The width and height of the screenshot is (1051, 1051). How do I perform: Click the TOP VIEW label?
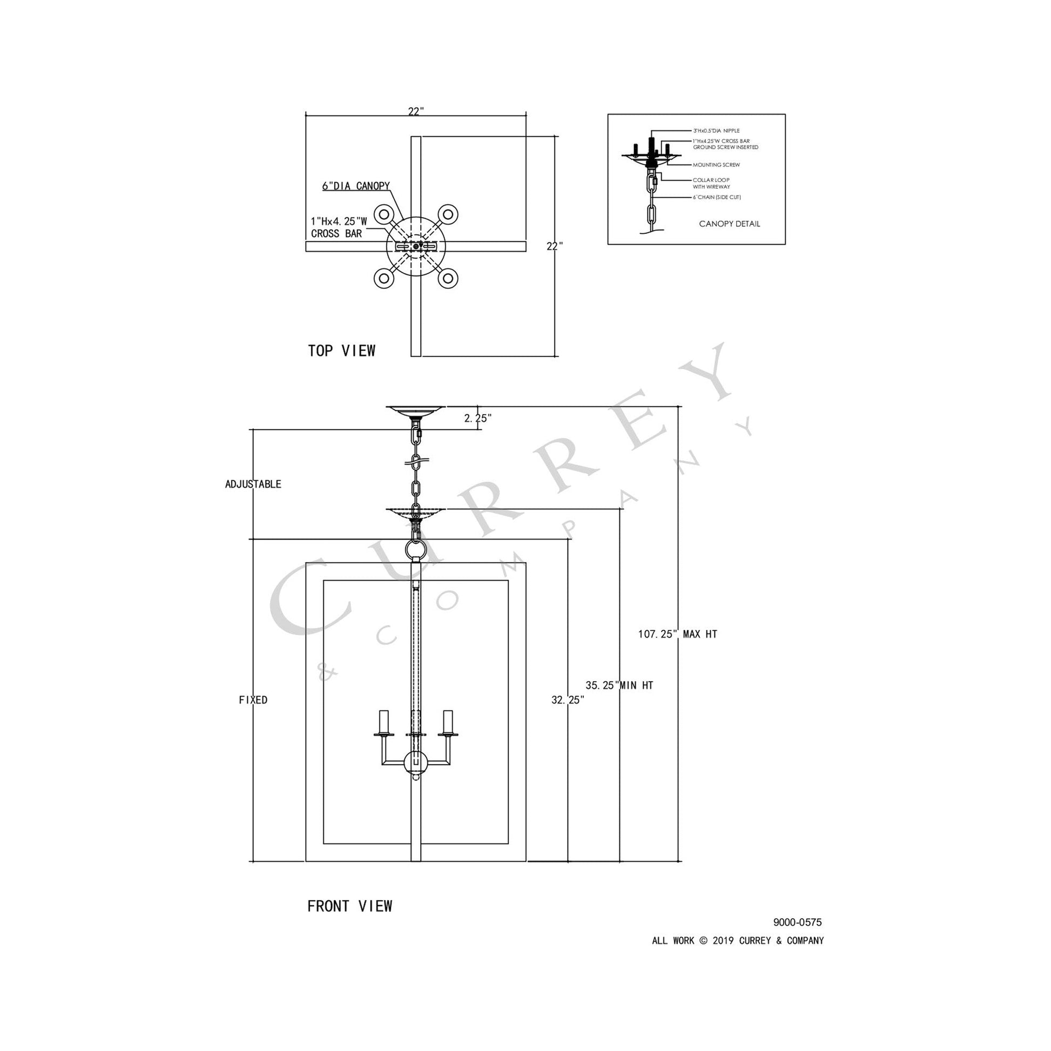pos(342,351)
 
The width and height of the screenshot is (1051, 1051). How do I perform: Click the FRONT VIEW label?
pos(349,906)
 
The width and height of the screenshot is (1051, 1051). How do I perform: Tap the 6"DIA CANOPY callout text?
pos(356,186)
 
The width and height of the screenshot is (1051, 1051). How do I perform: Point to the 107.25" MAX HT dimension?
pos(677,634)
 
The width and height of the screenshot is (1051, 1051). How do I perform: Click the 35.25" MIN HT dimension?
pos(619,685)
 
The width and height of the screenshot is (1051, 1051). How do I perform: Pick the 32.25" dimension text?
pos(568,700)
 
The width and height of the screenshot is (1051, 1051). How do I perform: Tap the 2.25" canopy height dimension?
pos(478,419)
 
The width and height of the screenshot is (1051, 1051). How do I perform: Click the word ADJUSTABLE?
pos(253,484)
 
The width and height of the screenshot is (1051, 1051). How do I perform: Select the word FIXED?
pos(253,700)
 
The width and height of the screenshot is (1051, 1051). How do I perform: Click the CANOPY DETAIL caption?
pos(729,224)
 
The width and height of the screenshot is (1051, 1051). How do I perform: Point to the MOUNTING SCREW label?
pos(716,165)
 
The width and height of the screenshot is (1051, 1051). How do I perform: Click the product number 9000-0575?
pos(797,922)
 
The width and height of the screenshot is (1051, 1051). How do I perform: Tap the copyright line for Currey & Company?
pos(738,941)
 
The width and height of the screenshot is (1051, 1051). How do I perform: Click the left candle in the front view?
pos(384,722)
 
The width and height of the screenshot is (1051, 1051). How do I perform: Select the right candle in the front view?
pos(448,722)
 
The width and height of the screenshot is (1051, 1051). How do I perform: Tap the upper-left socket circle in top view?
pos(384,213)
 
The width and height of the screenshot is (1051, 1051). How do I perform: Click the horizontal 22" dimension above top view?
pos(416,111)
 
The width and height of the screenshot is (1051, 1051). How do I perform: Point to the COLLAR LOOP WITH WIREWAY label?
pos(711,183)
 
